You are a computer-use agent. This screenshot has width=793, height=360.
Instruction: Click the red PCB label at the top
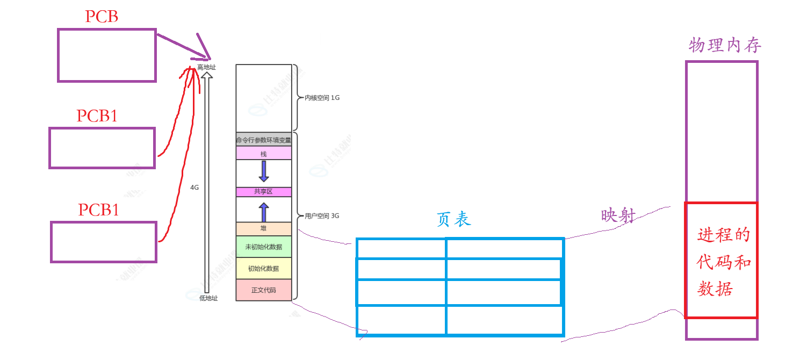[x=102, y=17]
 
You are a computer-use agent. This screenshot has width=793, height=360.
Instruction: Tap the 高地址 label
[x=206, y=67]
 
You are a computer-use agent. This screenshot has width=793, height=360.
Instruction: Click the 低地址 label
[x=208, y=298]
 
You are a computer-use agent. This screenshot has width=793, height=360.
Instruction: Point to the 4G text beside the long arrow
[x=194, y=188]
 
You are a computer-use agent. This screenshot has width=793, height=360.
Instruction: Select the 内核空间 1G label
[x=322, y=98]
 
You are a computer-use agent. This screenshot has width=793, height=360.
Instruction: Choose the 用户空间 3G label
[x=322, y=216]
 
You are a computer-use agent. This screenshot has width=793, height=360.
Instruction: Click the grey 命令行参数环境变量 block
[x=263, y=140]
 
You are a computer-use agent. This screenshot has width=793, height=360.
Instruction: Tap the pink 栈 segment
[x=263, y=154]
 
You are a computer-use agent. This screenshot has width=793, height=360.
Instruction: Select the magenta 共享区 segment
[x=263, y=192]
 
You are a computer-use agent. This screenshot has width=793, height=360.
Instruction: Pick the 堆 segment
[x=263, y=229]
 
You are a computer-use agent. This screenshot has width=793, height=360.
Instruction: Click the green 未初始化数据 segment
[x=263, y=247]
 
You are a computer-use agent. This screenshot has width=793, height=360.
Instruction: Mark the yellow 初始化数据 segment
[x=263, y=268]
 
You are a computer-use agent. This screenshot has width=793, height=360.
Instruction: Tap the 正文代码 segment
[x=263, y=290]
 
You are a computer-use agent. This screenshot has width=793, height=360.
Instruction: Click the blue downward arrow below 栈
[x=264, y=171]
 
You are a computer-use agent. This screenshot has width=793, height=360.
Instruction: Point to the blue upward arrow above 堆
[x=264, y=212]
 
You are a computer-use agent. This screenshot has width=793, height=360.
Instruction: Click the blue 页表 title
[x=454, y=219]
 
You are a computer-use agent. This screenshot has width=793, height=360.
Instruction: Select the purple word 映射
[x=618, y=216]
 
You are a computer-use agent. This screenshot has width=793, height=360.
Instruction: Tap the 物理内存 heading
[x=725, y=46]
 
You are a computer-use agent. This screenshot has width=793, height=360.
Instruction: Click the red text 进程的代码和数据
[x=723, y=263]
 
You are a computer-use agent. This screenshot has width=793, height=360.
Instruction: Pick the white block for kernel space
[x=263, y=98]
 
